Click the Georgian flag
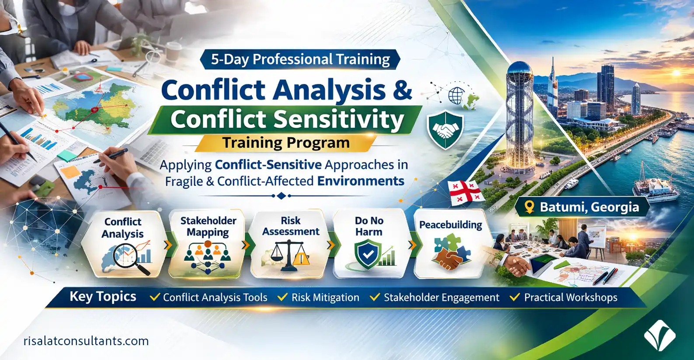[466, 193]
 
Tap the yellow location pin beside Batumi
[530, 207]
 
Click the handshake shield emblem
[445, 130]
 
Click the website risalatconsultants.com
[86, 341]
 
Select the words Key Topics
[103, 297]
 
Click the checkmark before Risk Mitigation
[282, 297]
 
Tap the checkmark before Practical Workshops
[515, 297]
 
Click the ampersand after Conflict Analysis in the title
[401, 90]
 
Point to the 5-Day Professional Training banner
[300, 59]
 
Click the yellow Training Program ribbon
[286, 143]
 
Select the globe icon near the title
[457, 96]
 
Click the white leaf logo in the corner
[659, 336]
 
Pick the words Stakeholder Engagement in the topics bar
[441, 298]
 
